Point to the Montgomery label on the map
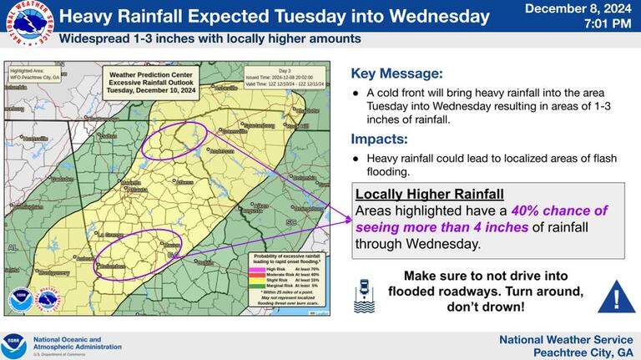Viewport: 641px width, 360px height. click(x=54, y=272)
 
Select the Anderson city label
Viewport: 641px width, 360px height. click(x=221, y=151)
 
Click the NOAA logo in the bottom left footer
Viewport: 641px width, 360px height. click(x=15, y=345)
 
